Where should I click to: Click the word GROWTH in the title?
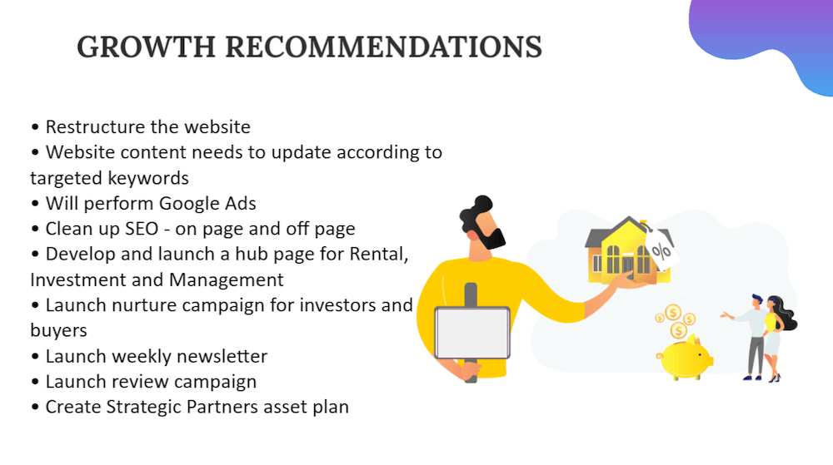pyautogui.click(x=146, y=47)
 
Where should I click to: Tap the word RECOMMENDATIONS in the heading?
pyautogui.click(x=383, y=47)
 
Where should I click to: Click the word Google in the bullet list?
pyautogui.click(x=190, y=204)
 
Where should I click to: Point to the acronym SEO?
pyautogui.click(x=142, y=229)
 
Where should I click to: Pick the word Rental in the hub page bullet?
pyautogui.click(x=379, y=255)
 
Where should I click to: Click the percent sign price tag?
pyautogui.click(x=661, y=248)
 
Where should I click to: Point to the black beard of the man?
pyautogui.click(x=491, y=238)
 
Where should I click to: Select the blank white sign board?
pyautogui.click(x=472, y=333)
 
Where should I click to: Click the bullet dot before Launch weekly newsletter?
pyautogui.click(x=35, y=356)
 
